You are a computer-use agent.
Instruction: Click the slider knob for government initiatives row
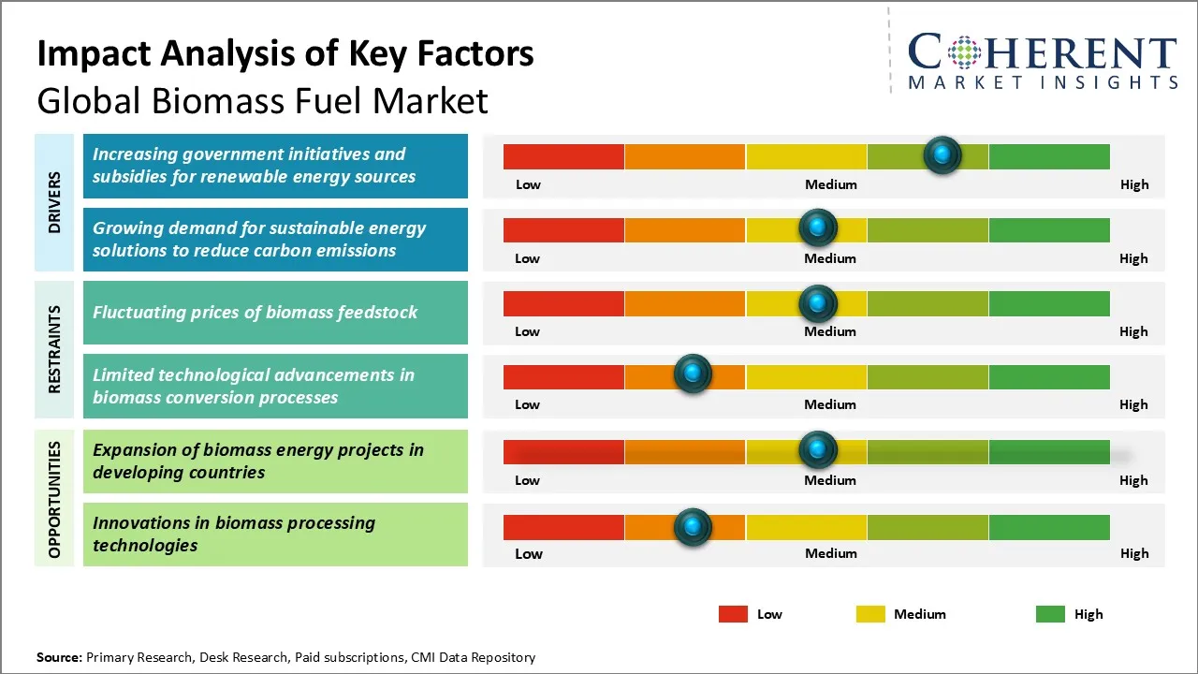942,154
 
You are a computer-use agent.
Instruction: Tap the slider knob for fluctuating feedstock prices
817,303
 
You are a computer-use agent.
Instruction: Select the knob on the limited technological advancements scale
693,374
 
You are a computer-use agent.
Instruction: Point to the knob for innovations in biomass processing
693,527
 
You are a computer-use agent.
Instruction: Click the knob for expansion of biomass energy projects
817,450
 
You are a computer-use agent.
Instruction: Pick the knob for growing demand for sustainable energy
817,227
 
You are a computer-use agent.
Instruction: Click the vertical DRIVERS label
54,202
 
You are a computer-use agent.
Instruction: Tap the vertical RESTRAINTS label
54,349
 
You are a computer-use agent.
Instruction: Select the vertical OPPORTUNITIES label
54,499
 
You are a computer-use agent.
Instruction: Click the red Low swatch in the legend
733,614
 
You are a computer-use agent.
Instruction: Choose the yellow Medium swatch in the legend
870,614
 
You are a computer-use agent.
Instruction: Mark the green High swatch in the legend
1050,614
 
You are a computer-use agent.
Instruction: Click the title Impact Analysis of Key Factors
285,54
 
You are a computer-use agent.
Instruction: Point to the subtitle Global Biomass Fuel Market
262,100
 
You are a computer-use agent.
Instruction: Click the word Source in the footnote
58,657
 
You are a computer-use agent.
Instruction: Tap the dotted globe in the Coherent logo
962,52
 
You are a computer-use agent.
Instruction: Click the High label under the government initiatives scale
1133,184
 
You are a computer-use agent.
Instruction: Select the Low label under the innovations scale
528,553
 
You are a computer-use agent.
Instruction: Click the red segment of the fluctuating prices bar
563,303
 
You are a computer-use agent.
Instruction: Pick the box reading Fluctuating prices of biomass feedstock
275,313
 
